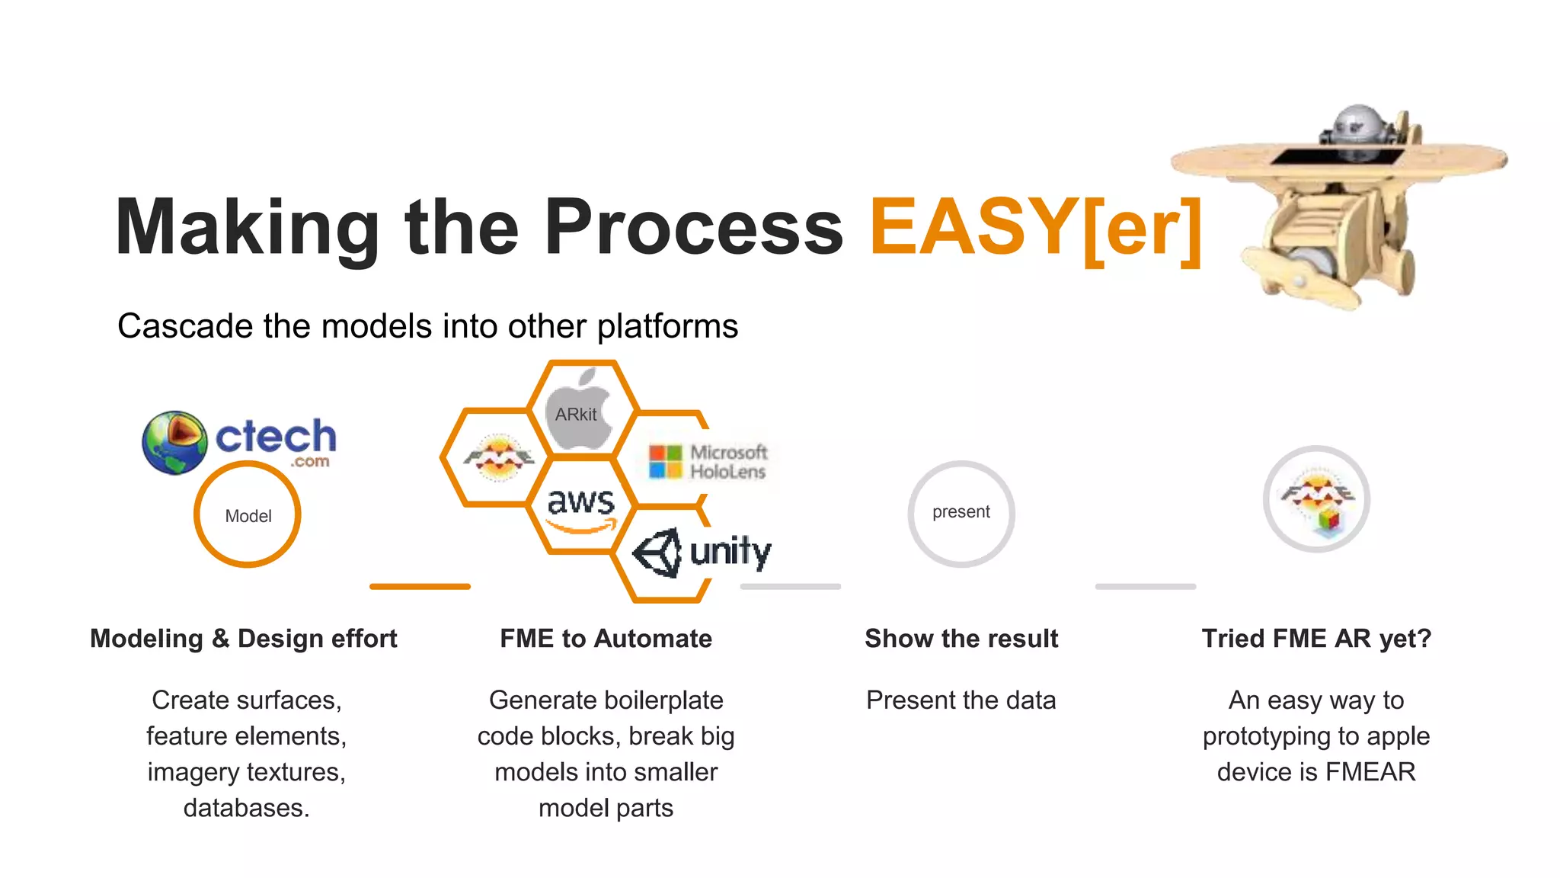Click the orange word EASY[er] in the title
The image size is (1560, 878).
[x=1036, y=227]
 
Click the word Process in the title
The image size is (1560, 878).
[x=694, y=227]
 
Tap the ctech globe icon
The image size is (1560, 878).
[x=174, y=442]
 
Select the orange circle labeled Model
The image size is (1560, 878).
[x=248, y=515]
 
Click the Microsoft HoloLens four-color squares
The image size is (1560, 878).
[x=665, y=462]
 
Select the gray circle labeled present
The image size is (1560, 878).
[x=961, y=513]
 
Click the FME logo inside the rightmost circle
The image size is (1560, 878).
[x=1317, y=499]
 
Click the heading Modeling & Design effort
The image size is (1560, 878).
[x=244, y=639]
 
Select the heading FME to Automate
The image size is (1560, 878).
[x=606, y=639]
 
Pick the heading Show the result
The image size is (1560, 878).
[x=961, y=639]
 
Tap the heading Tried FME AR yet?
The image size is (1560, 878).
[x=1316, y=639]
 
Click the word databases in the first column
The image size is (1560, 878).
[x=245, y=808]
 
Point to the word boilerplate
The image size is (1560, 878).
[x=660, y=700]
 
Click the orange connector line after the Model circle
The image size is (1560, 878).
[x=420, y=586]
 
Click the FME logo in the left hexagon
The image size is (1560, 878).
[x=498, y=457]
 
